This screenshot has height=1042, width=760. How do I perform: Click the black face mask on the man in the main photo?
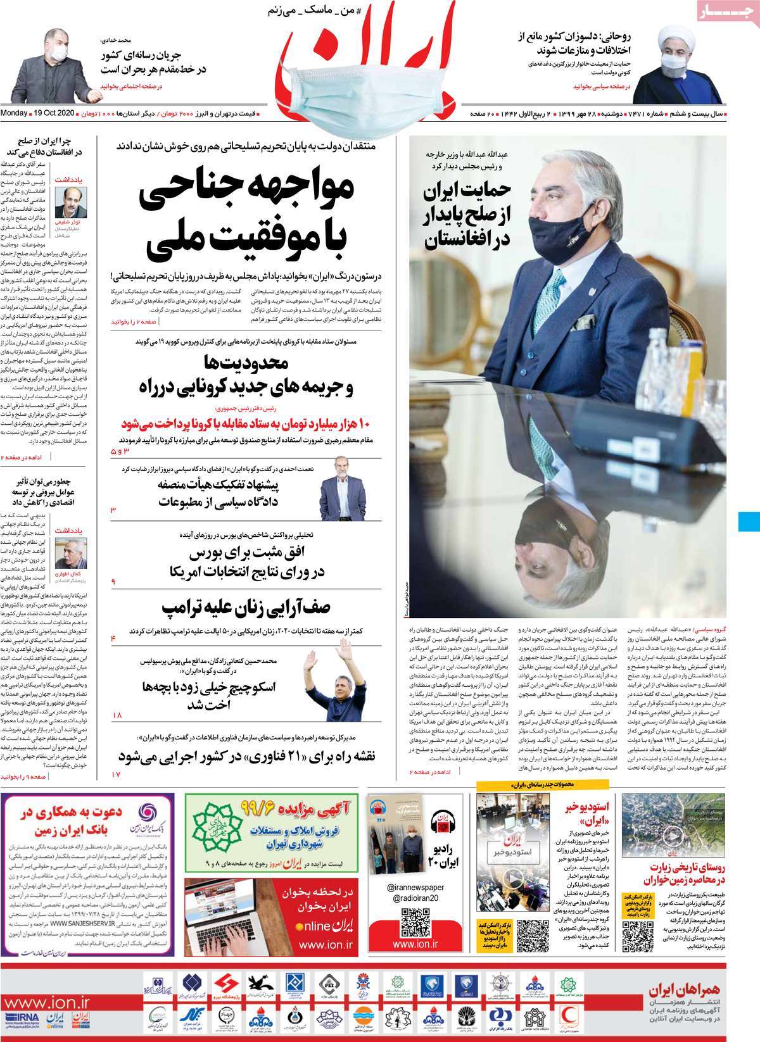pos(544,232)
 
